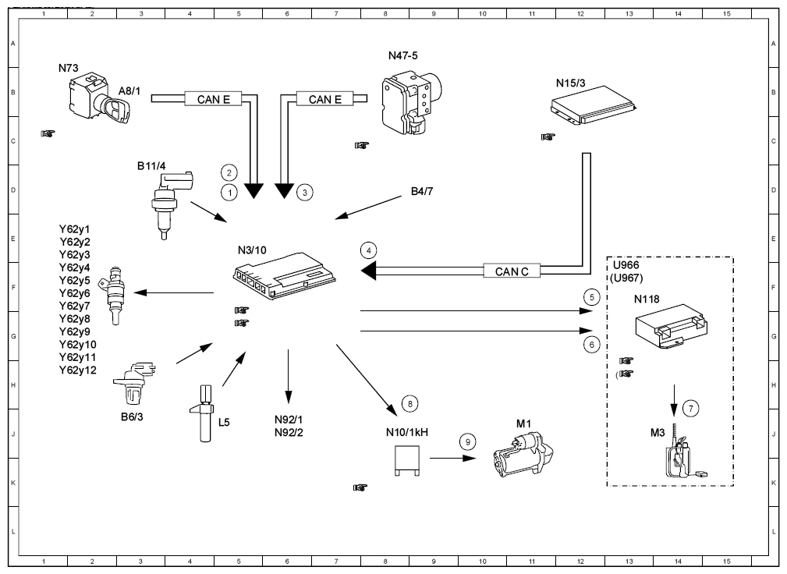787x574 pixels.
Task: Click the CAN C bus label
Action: pos(512,271)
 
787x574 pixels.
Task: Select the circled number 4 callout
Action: pos(368,250)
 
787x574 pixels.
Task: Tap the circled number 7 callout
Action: pos(690,409)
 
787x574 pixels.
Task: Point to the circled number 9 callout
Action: pos(468,442)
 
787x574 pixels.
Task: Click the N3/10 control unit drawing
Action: pos(285,276)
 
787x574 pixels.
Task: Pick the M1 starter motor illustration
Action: pos(523,455)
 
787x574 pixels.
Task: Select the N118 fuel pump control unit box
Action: pos(671,326)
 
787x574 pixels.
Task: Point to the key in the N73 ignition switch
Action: pos(116,110)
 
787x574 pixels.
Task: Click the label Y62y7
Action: pos(74,306)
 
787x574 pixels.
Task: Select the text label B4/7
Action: pos(422,191)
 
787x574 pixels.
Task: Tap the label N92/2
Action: pos(289,433)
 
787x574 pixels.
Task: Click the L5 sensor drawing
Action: pos(204,413)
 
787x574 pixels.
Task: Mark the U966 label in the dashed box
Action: pos(626,265)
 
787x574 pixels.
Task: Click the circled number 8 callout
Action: pos(409,403)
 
